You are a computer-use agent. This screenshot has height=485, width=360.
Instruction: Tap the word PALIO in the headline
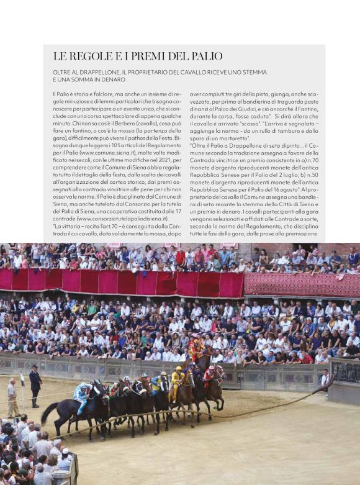[x=204, y=57]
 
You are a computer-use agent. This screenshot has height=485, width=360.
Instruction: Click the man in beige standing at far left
[x=12, y=397]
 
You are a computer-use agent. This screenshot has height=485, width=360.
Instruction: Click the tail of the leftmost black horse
[x=48, y=412]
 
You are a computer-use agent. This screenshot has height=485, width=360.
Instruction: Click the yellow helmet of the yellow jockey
[x=180, y=369]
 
